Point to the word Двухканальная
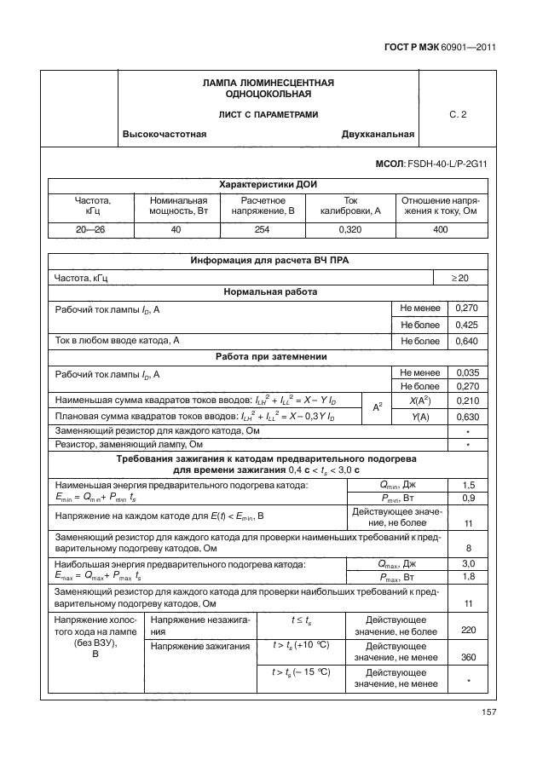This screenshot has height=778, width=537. coord(378,134)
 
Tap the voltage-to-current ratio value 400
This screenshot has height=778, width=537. coord(441,229)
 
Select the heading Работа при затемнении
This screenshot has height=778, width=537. coord(270,356)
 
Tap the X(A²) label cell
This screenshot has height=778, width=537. coord(419,401)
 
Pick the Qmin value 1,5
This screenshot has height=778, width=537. coord(468,484)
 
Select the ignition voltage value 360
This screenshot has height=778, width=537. coord(467,658)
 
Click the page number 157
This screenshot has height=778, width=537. coord(488,712)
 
